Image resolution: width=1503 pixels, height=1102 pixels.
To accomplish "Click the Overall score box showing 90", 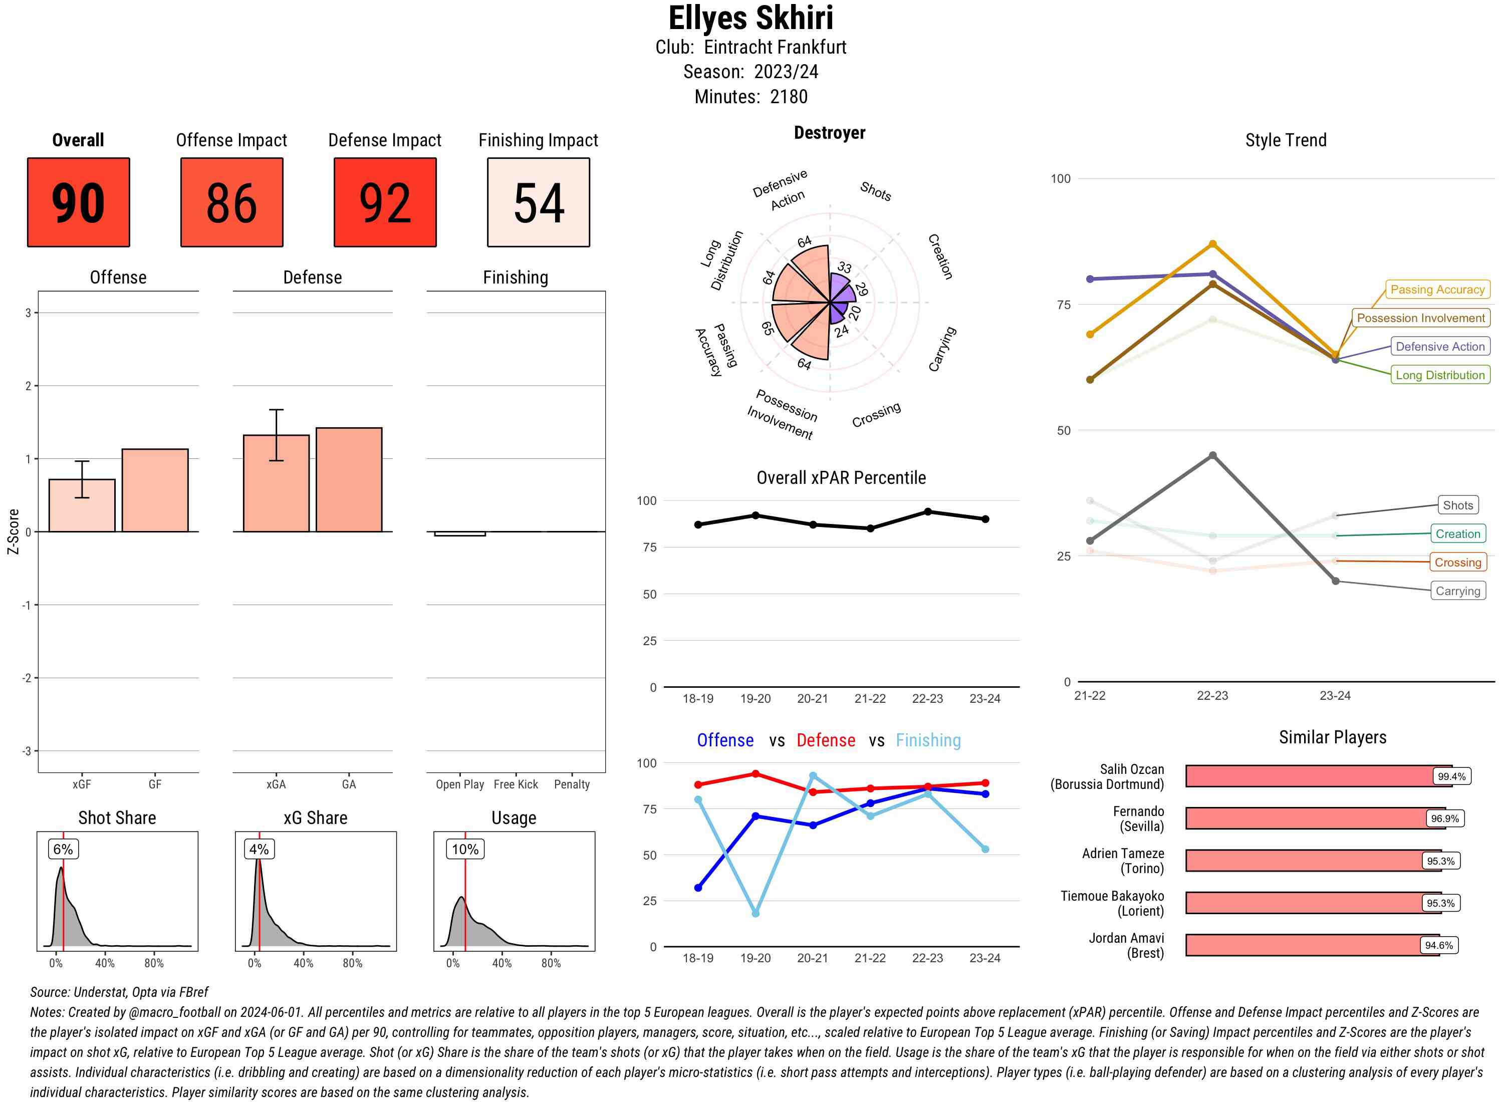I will coord(78,202).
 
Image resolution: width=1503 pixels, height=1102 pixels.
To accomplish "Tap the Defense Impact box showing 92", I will coord(385,202).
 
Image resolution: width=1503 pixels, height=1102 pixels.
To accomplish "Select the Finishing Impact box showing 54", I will coord(539,202).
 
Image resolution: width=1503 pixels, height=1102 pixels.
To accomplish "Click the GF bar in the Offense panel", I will coord(155,490).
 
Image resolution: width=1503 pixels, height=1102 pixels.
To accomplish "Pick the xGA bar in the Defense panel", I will coord(276,483).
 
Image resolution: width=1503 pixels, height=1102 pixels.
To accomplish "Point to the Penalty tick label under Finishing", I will coord(572,784).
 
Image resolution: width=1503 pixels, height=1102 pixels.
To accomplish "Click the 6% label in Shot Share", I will coord(63,849).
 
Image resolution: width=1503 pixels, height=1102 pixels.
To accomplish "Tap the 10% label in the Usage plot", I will coord(465,849).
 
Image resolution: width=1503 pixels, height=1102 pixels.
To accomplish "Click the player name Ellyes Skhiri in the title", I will coord(750,18).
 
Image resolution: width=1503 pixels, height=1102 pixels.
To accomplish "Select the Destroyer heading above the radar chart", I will coord(829,133).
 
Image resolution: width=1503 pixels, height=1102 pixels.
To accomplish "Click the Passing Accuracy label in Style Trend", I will coord(1437,290).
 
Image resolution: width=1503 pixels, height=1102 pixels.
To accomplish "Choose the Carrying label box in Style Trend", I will coord(1457,591).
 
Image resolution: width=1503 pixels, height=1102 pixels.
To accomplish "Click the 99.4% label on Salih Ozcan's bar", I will coord(1451,776).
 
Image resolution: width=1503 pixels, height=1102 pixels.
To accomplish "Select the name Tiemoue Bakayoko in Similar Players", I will coord(1112,896).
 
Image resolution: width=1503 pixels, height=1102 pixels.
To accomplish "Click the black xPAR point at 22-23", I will coord(927,511).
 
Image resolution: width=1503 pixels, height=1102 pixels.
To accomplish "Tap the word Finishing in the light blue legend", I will coord(928,740).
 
